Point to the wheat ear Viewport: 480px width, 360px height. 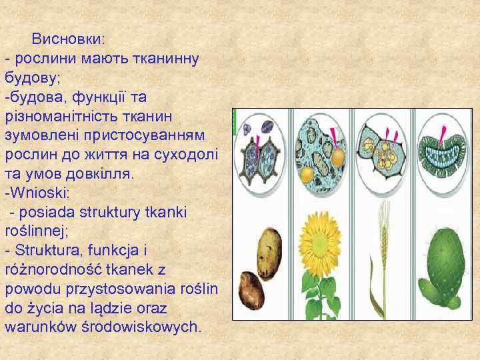tap(383, 227)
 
